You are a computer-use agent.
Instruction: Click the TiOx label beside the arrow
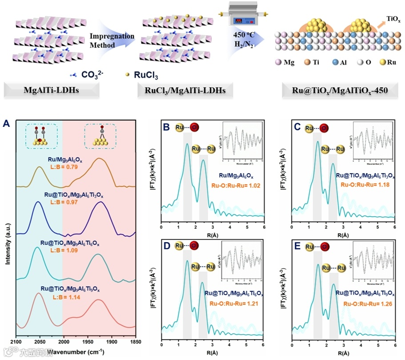point(393,20)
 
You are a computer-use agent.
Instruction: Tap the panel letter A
point(6,124)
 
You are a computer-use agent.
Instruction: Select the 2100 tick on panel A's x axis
point(16,343)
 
